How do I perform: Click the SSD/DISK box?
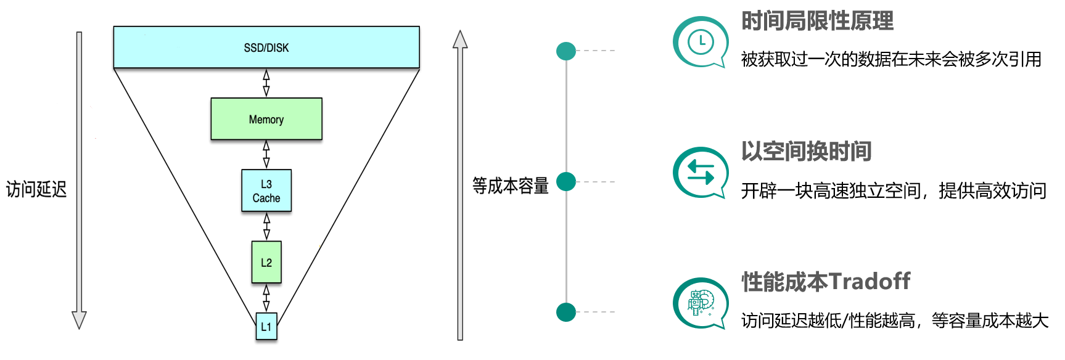[266, 47]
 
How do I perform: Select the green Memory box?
[266, 119]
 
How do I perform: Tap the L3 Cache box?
[266, 191]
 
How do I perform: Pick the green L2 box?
[266, 263]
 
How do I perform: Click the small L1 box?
[266, 327]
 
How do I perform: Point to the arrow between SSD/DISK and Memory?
[266, 83]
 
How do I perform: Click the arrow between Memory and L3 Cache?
[266, 154]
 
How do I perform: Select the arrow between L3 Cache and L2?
[266, 226]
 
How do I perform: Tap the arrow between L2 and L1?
[266, 298]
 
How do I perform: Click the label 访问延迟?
[36, 189]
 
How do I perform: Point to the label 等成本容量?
[511, 186]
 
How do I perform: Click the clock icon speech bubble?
[700, 43]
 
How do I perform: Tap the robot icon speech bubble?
[700, 303]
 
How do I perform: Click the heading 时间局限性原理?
[817, 21]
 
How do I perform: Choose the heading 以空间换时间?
[806, 151]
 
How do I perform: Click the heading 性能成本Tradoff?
[826, 282]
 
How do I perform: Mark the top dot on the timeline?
[566, 51]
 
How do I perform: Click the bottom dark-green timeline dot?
[566, 312]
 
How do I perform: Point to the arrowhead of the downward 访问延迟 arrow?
[79, 320]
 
